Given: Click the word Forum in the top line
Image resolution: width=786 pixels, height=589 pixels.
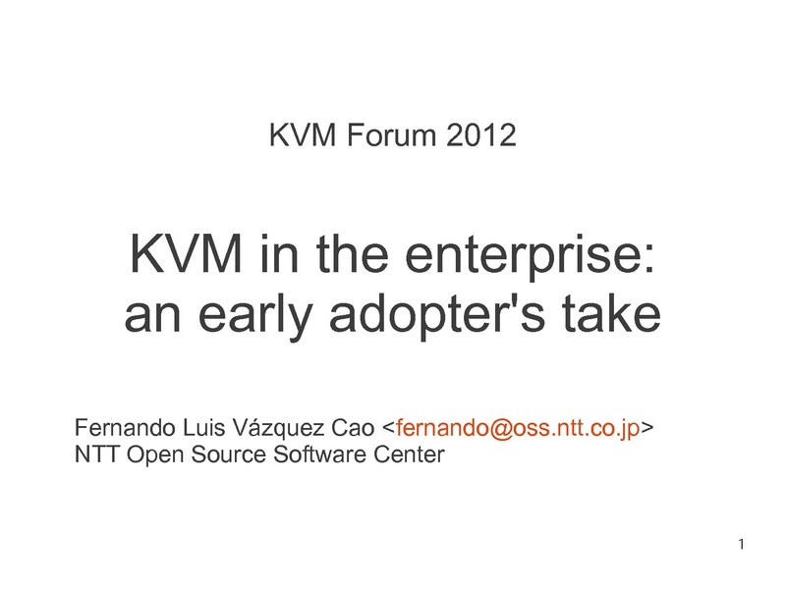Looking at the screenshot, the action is [391, 135].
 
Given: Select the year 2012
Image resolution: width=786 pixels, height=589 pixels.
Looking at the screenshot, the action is [480, 135].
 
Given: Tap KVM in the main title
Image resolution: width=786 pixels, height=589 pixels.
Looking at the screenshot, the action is [186, 254].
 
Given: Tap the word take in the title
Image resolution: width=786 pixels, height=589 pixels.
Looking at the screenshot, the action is [610, 313].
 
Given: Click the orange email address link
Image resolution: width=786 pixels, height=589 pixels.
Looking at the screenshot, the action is [518, 429].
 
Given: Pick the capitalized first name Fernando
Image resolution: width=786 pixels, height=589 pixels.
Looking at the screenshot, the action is [125, 428].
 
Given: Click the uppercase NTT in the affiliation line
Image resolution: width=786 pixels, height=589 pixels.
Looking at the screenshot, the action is [96, 455].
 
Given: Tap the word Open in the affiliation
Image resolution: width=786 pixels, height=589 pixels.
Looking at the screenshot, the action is [155, 455].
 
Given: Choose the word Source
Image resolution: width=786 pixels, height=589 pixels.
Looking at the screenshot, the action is [229, 455].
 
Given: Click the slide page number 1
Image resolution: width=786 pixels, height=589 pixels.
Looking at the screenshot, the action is [742, 544].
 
